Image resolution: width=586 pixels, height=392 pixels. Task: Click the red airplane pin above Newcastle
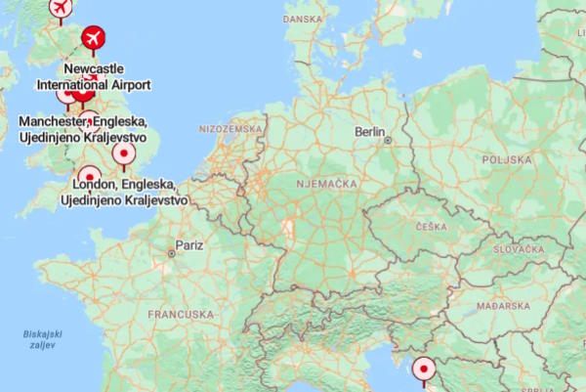[x=94, y=38]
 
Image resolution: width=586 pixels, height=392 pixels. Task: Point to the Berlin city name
[x=370, y=131]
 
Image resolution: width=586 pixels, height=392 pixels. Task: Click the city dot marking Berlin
[x=388, y=141]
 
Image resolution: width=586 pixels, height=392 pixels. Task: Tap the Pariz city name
[x=188, y=244]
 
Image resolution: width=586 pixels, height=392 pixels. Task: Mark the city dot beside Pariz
[x=171, y=253]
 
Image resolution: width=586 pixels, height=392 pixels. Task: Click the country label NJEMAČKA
[x=322, y=181]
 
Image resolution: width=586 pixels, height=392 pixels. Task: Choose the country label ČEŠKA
[x=431, y=227]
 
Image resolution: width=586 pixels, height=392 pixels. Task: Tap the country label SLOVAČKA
[x=519, y=250]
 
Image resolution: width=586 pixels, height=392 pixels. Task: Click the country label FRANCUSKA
[x=181, y=315]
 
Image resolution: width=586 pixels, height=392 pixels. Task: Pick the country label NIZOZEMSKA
[x=230, y=129]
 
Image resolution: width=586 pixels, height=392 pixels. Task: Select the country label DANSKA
[x=303, y=20]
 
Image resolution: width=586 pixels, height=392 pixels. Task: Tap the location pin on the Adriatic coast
[x=424, y=370]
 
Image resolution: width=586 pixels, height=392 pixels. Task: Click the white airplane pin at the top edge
[x=60, y=8]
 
